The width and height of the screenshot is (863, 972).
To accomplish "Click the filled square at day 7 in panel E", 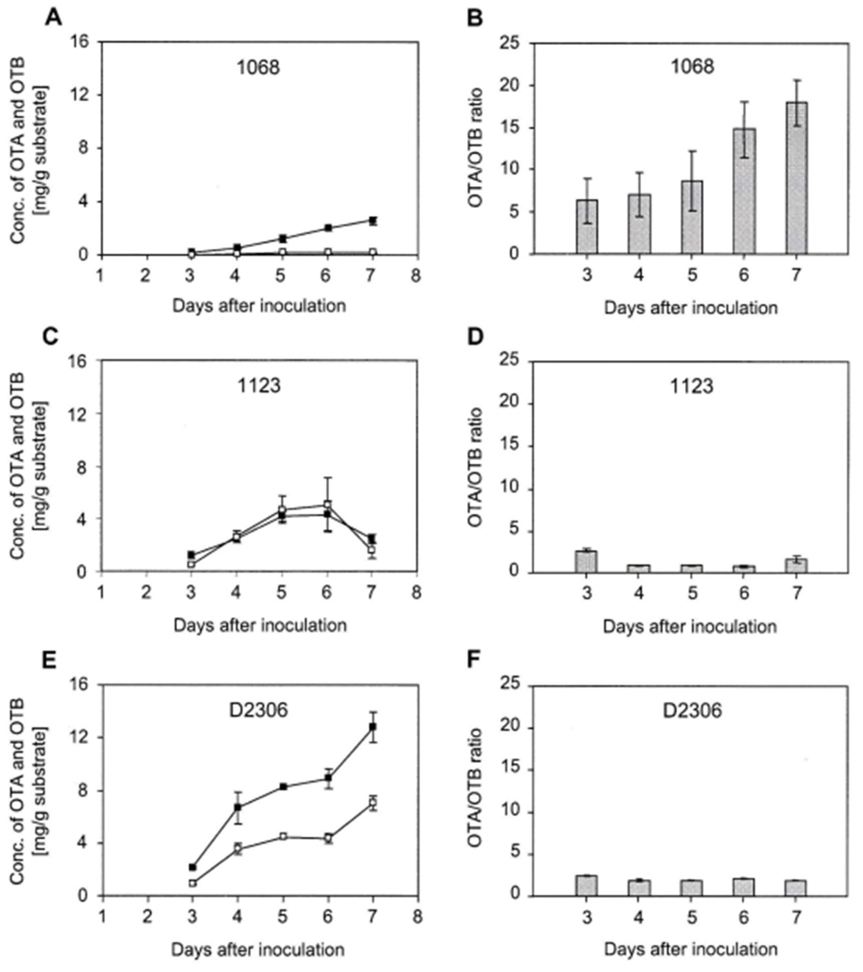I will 373,727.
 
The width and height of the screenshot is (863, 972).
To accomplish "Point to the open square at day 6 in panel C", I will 327,505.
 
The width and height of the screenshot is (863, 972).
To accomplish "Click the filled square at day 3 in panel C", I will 192,555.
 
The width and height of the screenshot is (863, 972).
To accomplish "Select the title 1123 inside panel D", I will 692,386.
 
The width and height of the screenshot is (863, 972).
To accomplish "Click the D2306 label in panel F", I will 692,711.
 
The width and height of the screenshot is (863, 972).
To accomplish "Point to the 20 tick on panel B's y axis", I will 511,86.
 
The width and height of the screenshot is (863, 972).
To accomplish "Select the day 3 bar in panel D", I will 587,562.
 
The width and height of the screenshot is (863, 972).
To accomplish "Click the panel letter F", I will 476,661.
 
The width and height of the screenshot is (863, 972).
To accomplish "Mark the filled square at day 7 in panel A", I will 373,221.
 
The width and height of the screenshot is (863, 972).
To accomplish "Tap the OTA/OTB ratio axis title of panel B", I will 476,147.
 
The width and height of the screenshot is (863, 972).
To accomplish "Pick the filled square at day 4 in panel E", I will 238,807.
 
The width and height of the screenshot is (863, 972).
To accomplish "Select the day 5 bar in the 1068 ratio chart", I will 692,217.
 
